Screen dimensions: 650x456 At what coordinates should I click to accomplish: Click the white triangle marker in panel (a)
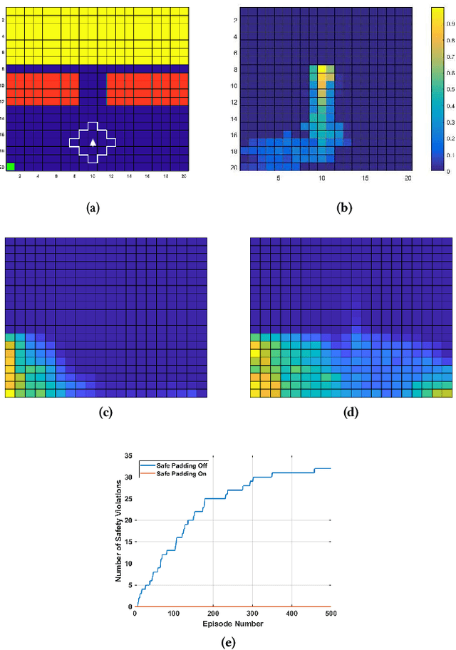(x=93, y=143)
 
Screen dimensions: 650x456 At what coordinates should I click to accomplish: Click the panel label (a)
(x=93, y=208)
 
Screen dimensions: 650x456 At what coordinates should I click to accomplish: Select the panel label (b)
(x=345, y=208)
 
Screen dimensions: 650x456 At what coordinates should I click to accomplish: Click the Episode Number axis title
(x=233, y=624)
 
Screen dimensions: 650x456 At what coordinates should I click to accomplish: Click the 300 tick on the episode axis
(x=252, y=614)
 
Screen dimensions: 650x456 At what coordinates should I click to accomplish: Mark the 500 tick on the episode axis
(x=331, y=614)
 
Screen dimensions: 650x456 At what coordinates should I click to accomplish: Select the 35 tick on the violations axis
(x=128, y=455)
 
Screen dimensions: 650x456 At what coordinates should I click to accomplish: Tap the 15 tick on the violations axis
(x=128, y=541)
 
